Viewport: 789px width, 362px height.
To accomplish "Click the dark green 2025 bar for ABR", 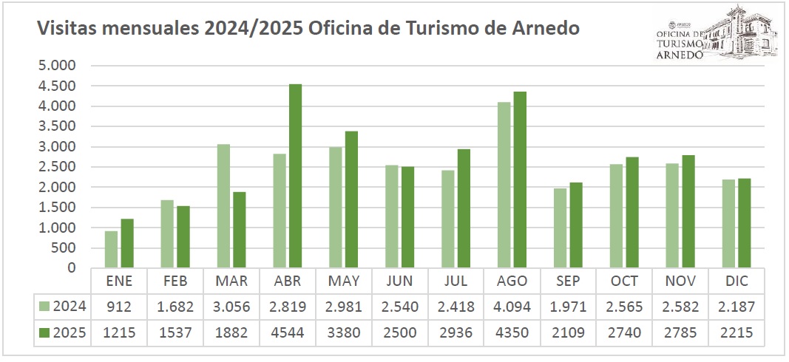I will (295, 176).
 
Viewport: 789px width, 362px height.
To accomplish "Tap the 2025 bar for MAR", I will (239, 230).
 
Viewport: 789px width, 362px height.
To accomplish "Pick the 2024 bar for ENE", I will (111, 249).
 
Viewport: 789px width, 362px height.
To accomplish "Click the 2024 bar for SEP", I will (561, 228).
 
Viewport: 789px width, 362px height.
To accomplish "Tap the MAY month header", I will (343, 281).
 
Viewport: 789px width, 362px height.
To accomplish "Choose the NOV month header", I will (680, 281).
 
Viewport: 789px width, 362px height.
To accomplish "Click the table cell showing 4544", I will (287, 332).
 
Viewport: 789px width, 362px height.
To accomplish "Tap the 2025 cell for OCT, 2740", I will (624, 332).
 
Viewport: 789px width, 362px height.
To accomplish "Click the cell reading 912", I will (118, 307).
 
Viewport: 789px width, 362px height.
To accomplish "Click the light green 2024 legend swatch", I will (45, 307).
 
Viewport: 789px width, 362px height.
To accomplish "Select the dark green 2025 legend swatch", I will (45, 332).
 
